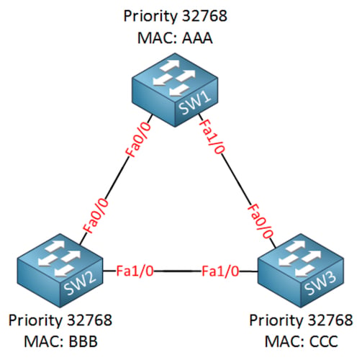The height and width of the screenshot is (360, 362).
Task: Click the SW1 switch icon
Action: pyautogui.click(x=175, y=90)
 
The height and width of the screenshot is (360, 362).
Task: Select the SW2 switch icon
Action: pyautogui.click(x=60, y=271)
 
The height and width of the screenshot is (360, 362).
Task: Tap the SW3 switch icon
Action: pyautogui.click(x=301, y=271)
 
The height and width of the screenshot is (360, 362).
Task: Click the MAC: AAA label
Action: pyautogui.click(x=175, y=38)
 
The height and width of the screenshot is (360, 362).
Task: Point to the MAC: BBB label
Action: pyautogui.click(x=61, y=341)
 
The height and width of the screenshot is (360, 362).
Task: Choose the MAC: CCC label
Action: pyautogui.click(x=302, y=341)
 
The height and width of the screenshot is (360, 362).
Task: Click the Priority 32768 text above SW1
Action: pyautogui.click(x=175, y=17)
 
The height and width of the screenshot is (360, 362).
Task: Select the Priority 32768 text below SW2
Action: pyautogui.click(x=60, y=320)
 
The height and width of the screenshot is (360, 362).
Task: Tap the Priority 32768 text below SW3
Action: pyautogui.click(x=301, y=320)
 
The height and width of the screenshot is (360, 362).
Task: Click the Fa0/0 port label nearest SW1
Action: pyautogui.click(x=139, y=140)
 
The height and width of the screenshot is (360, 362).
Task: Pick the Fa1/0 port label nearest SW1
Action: pyautogui.click(x=212, y=136)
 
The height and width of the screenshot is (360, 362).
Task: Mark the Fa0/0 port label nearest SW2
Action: pyautogui.click(x=96, y=216)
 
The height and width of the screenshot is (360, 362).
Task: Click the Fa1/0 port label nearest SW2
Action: pyautogui.click(x=135, y=271)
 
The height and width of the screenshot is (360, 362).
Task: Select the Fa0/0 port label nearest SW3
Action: pyautogui.click(x=261, y=221)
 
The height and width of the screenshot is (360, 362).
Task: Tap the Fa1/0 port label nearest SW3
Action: pyautogui.click(x=220, y=271)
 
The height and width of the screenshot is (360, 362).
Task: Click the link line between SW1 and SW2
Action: pyautogui.click(x=116, y=179)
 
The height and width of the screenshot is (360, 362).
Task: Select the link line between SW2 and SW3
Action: pyautogui.click(x=178, y=271)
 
